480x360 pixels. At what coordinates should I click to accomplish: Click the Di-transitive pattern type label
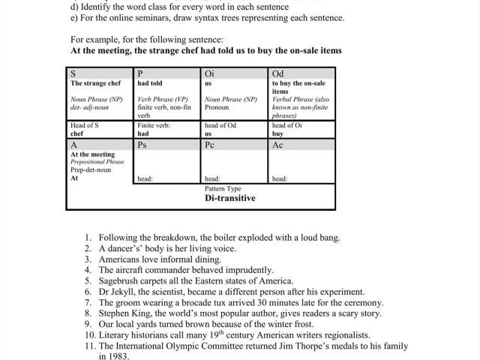[229, 198]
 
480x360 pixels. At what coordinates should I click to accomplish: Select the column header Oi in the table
[209, 73]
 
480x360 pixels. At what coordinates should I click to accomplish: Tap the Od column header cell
[277, 73]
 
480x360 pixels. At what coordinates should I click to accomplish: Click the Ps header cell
[142, 145]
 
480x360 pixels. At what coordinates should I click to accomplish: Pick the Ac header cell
[277, 145]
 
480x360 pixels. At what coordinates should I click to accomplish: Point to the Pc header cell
[209, 145]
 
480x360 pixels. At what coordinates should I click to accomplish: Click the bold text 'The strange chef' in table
[95, 83]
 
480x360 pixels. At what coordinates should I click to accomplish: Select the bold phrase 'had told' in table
[149, 83]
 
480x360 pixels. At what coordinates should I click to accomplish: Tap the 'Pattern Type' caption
[223, 189]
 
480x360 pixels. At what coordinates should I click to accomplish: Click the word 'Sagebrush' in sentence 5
[122, 280]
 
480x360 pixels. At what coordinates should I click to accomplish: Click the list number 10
[88, 334]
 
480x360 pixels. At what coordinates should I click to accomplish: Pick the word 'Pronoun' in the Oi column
[217, 107]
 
